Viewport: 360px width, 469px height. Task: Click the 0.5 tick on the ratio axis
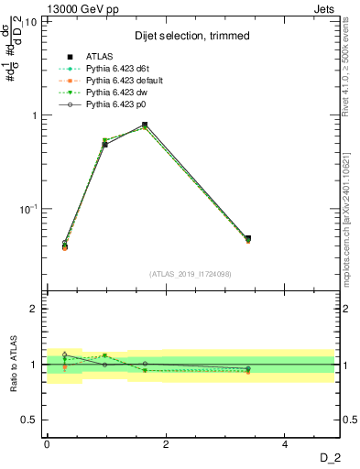tap(32, 420)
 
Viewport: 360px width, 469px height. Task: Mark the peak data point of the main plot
tap(145, 125)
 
